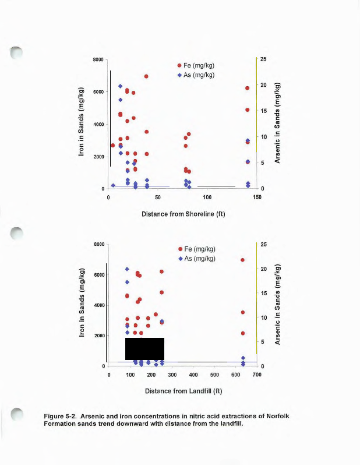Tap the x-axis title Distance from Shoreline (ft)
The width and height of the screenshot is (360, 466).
[183, 214]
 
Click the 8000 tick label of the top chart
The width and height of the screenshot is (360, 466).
[98, 60]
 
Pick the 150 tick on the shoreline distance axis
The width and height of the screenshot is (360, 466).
[257, 197]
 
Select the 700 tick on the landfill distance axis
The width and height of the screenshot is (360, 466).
[257, 375]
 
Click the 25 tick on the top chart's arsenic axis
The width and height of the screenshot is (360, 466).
[263, 59]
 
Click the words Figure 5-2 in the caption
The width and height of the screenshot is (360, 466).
[61, 416]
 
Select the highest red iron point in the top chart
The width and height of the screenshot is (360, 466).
[146, 76]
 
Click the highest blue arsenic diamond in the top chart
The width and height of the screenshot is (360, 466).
[121, 86]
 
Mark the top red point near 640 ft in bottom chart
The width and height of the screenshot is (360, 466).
[242, 260]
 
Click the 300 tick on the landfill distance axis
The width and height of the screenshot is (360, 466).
[172, 375]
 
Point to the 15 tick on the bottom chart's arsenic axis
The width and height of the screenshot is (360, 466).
[263, 293]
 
